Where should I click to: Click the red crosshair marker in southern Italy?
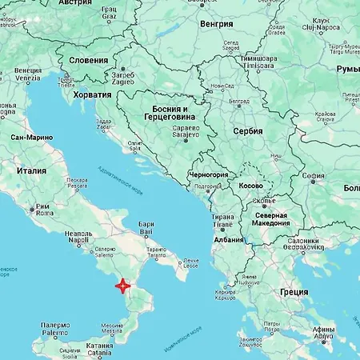[x=122, y=285]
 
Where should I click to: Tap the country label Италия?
[x=34, y=170]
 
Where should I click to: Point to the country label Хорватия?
[x=92, y=94]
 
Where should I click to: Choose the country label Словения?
[x=89, y=60]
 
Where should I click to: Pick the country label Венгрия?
[x=217, y=24]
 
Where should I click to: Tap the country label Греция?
[x=294, y=292]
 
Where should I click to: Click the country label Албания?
[x=229, y=239]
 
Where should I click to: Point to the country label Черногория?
[x=207, y=174]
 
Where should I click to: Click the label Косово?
[x=250, y=186]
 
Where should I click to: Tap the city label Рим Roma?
[x=44, y=210]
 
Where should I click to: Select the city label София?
[x=314, y=177]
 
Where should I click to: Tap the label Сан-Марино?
[x=32, y=138]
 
